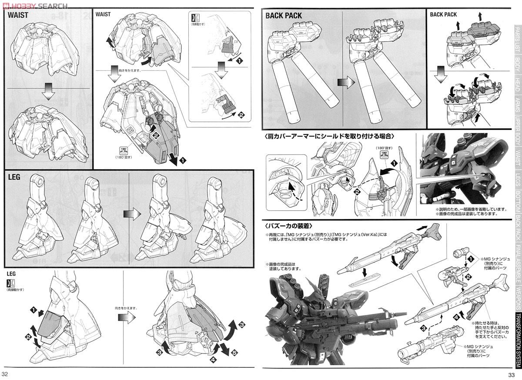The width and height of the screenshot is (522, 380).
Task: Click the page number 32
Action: pos(5,374)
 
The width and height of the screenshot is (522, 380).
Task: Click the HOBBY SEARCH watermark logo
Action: pos(34,6)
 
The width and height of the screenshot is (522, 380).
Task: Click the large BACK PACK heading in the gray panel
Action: pos(284,16)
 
